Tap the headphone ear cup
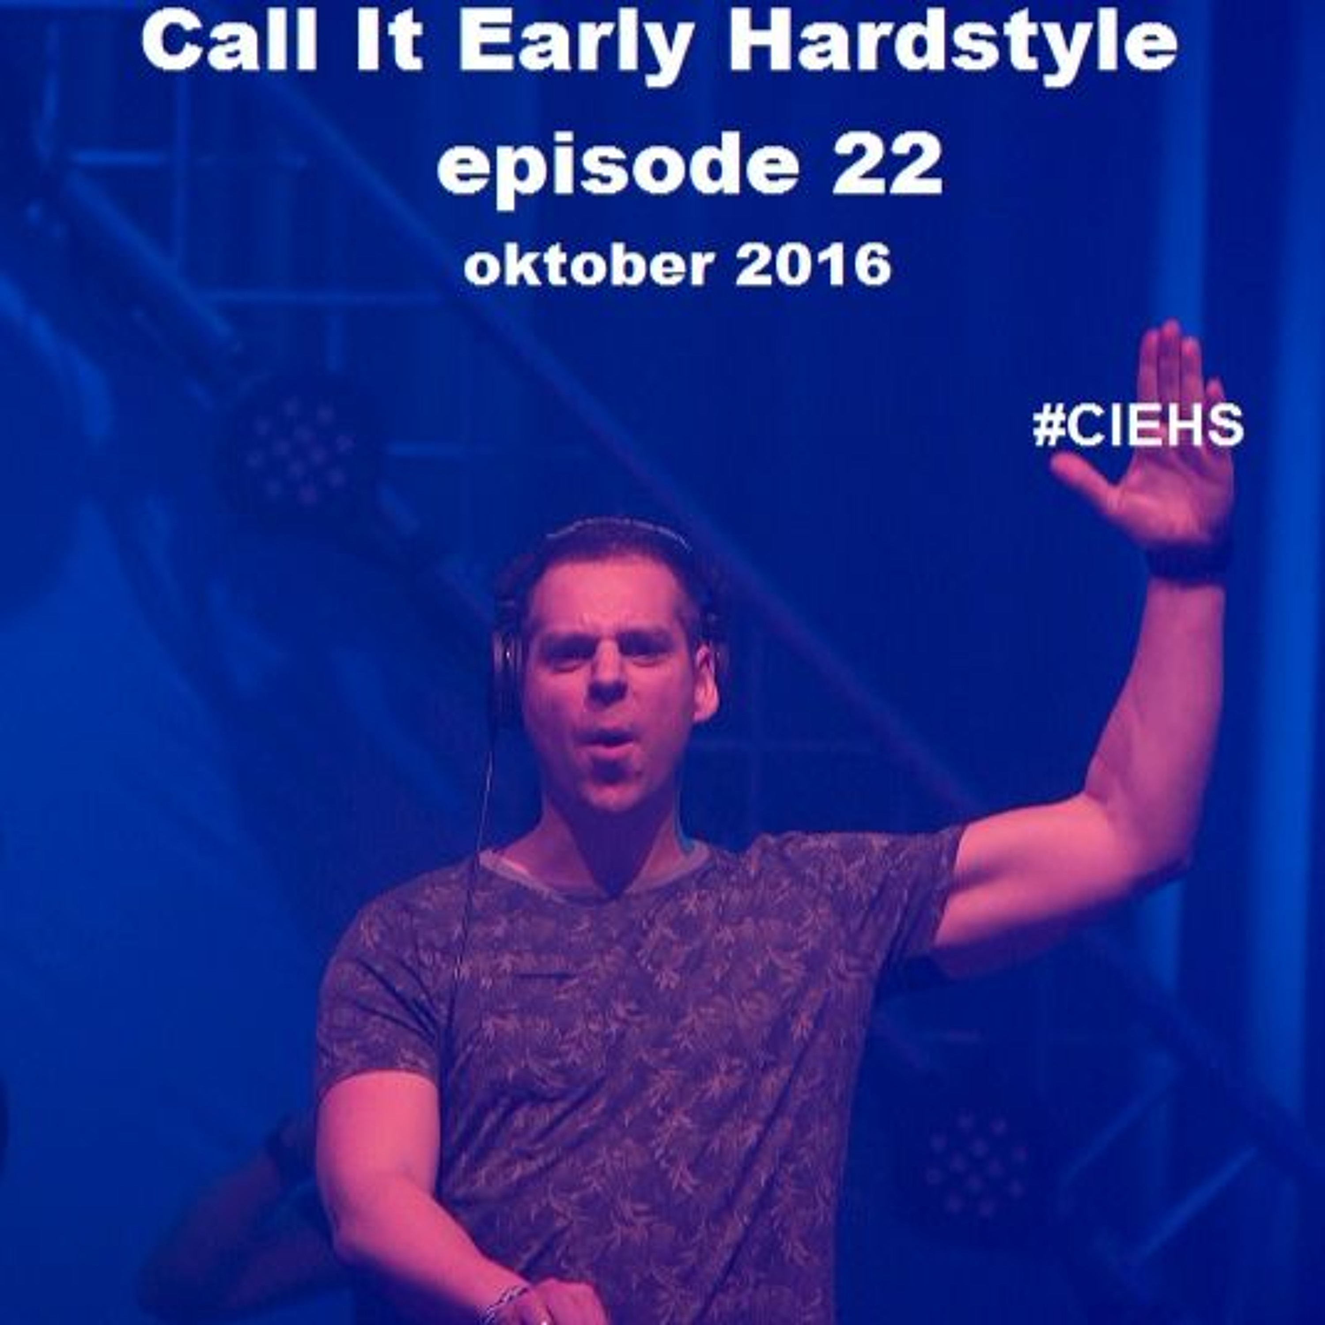click(x=506, y=676)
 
